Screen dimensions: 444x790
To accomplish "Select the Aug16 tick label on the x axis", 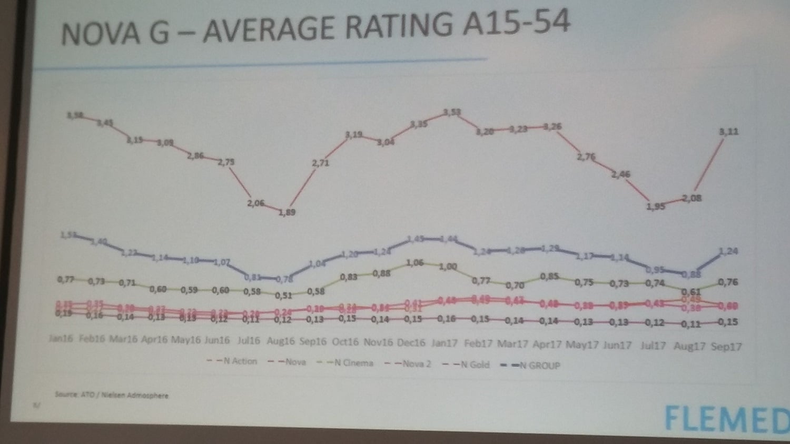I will pos(280,341).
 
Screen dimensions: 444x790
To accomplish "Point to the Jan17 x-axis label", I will pos(444,343).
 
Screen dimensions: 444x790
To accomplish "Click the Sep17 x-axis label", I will pos(726,347).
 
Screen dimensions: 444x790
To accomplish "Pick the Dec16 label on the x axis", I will pos(411,342).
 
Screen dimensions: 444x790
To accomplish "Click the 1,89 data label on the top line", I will pos(287,212).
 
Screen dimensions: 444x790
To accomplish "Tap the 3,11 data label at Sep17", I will pos(729,132).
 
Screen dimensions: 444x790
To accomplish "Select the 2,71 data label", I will pos(320,163).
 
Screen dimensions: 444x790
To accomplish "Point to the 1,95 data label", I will pos(656,207).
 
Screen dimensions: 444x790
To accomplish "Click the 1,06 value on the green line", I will pos(415,262).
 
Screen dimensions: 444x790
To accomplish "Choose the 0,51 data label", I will pos(283,295).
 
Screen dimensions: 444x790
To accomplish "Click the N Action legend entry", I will pos(240,361).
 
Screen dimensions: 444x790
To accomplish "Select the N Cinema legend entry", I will pos(354,363).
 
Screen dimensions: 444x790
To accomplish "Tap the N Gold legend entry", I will pos(475,364).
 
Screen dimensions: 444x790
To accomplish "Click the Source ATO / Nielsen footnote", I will pos(112,395).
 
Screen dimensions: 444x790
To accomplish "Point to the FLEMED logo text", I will pos(727,419).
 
